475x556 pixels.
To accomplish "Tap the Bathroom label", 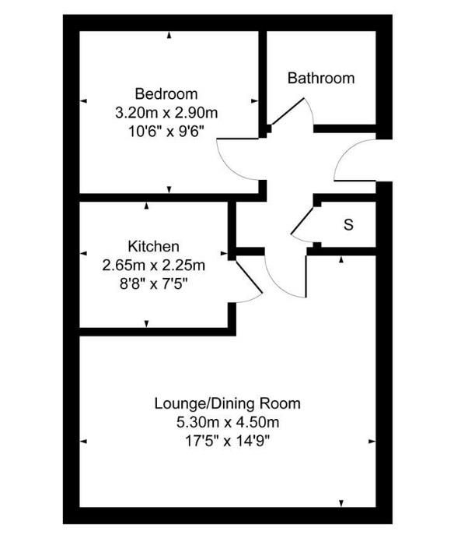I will [x=320, y=78].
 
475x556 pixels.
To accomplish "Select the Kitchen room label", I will [x=154, y=247].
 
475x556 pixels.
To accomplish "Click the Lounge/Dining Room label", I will [x=227, y=404].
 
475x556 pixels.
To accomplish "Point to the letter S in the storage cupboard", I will [x=348, y=225].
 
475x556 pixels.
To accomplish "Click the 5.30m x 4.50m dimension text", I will [x=227, y=423].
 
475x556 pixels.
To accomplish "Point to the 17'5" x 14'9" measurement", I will [x=227, y=441].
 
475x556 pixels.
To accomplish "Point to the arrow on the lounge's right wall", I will [x=371, y=442].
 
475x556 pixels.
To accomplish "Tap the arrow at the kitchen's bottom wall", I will [x=147, y=324].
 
